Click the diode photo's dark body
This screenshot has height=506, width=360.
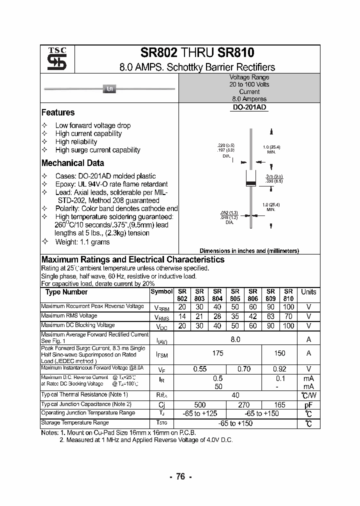pyautogui.click(x=109, y=89)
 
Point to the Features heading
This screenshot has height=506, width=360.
pyautogui.click(x=58, y=112)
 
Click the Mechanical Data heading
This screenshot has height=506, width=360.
pyautogui.click(x=72, y=163)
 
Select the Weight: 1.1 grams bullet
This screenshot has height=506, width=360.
pyautogui.click(x=82, y=242)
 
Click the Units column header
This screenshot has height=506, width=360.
pyautogui.click(x=308, y=292)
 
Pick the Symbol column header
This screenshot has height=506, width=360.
pyautogui.click(x=161, y=291)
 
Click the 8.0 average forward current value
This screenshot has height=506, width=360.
pyautogui.click(x=235, y=339)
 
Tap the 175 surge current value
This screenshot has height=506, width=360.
pyautogui.click(x=217, y=353)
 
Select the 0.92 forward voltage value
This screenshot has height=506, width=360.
pyautogui.click(x=279, y=369)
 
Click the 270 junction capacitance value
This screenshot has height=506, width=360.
pyautogui.click(x=244, y=404)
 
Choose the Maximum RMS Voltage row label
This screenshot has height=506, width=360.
pyautogui.click(x=69, y=316)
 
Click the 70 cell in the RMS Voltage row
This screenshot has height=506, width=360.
pyautogui.click(x=288, y=316)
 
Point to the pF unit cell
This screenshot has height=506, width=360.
pyautogui.click(x=308, y=404)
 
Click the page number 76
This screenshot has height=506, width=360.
pyautogui.click(x=180, y=476)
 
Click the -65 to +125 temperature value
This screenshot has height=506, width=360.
pyautogui.click(x=199, y=413)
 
